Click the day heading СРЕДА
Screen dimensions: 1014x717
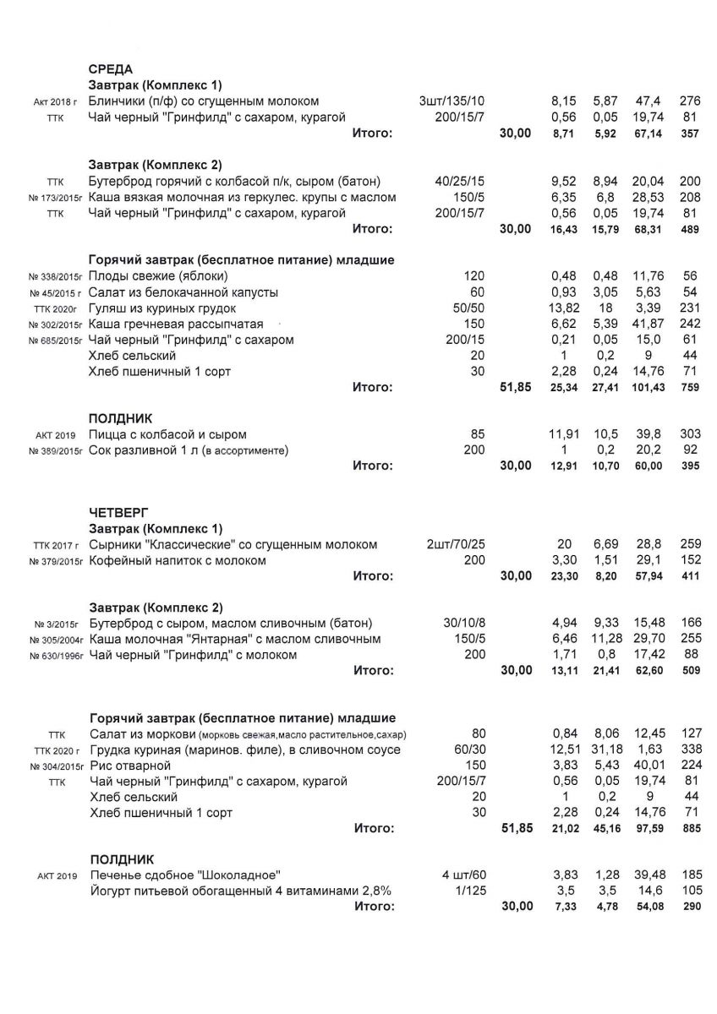coord(111,69)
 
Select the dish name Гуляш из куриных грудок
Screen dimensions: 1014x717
coord(155,308)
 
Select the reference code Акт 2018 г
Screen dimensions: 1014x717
coord(56,102)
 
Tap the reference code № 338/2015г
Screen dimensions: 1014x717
coord(55,277)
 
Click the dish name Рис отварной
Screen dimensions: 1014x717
coord(129,766)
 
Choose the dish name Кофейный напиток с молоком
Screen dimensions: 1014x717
coord(177,560)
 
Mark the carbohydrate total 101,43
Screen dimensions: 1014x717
coord(647,388)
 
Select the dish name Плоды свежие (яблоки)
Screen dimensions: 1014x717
coord(158,276)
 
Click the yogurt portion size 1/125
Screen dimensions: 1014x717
coord(479,891)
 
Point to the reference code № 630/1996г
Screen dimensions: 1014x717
coord(55,656)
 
